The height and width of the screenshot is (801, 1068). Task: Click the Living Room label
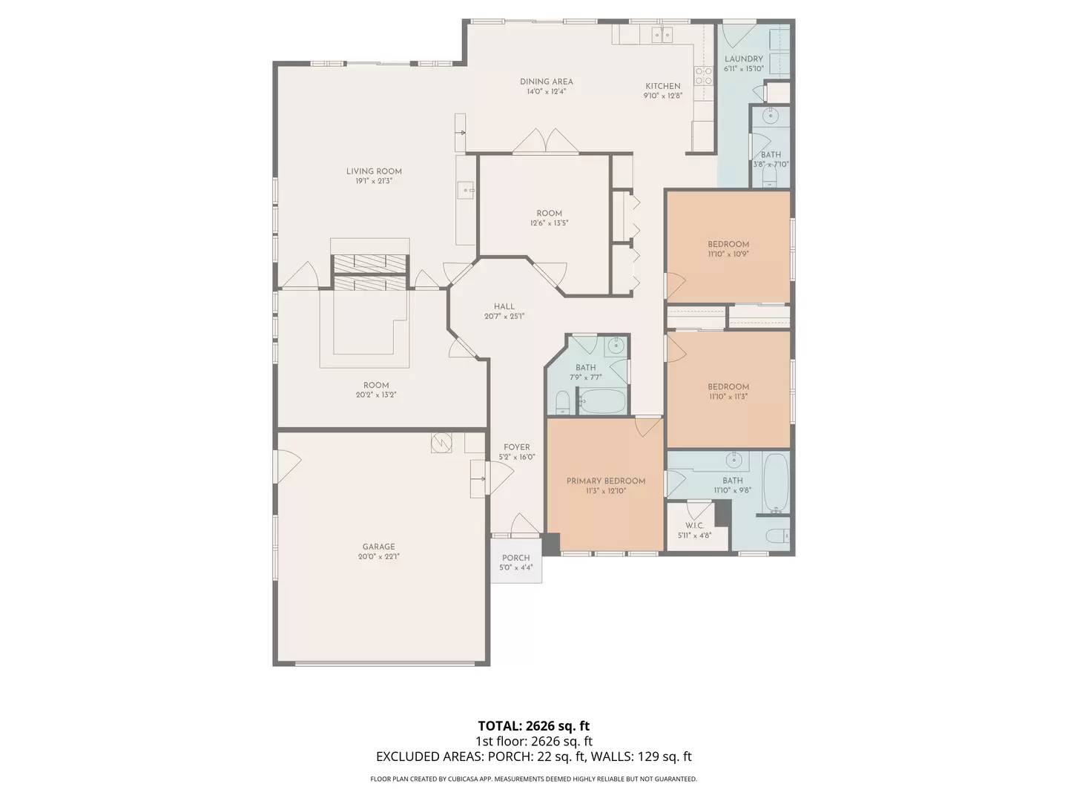pyautogui.click(x=374, y=171)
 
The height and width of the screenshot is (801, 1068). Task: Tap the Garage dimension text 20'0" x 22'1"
pyautogui.click(x=378, y=556)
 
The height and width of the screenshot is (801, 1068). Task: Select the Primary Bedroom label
pyautogui.click(x=605, y=481)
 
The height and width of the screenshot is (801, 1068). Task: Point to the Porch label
pyautogui.click(x=515, y=558)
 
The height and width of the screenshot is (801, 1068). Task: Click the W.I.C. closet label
pyautogui.click(x=694, y=525)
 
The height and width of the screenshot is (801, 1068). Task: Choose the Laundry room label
pyautogui.click(x=743, y=59)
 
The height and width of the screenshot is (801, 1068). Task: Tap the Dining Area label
pyautogui.click(x=546, y=82)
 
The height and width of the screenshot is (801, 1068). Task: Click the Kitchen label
pyautogui.click(x=662, y=86)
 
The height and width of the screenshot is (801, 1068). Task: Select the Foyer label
pyautogui.click(x=516, y=447)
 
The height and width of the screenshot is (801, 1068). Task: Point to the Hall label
pyautogui.click(x=504, y=306)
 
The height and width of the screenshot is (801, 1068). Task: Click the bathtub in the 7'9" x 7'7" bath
pyautogui.click(x=602, y=401)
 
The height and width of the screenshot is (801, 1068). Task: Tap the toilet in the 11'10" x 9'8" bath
pyautogui.click(x=778, y=535)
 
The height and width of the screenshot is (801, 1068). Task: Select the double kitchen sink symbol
pyautogui.click(x=662, y=34)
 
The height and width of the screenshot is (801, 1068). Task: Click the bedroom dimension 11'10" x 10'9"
pyautogui.click(x=728, y=254)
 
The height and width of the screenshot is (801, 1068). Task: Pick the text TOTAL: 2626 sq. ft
pyautogui.click(x=533, y=725)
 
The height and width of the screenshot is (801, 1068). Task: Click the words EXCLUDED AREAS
pyautogui.click(x=429, y=756)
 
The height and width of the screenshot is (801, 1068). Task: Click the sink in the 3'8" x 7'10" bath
pyautogui.click(x=771, y=115)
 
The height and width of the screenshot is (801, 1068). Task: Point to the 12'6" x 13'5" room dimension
pyautogui.click(x=549, y=222)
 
